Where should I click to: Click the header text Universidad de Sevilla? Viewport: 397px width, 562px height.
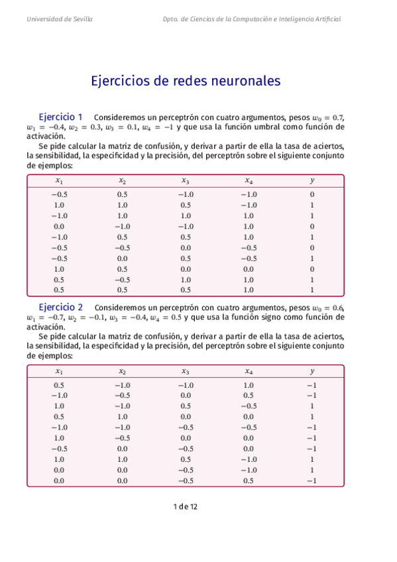(x=60, y=19)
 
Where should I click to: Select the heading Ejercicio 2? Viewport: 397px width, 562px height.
(x=61, y=308)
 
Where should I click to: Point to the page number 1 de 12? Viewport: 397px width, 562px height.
(x=185, y=506)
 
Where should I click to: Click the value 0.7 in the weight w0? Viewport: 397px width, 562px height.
(x=337, y=117)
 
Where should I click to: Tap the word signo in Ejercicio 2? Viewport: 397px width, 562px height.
(x=258, y=317)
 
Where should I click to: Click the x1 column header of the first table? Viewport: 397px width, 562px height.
(x=59, y=180)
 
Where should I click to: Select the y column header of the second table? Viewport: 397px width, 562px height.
(x=312, y=371)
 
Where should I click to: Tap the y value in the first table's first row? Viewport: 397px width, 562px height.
(x=312, y=195)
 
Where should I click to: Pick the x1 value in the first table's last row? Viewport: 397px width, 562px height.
(x=59, y=290)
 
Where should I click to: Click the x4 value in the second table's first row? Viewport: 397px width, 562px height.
(x=249, y=386)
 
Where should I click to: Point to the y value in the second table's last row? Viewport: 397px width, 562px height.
(x=312, y=480)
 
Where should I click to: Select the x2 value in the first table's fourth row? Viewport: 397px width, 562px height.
(x=122, y=226)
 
